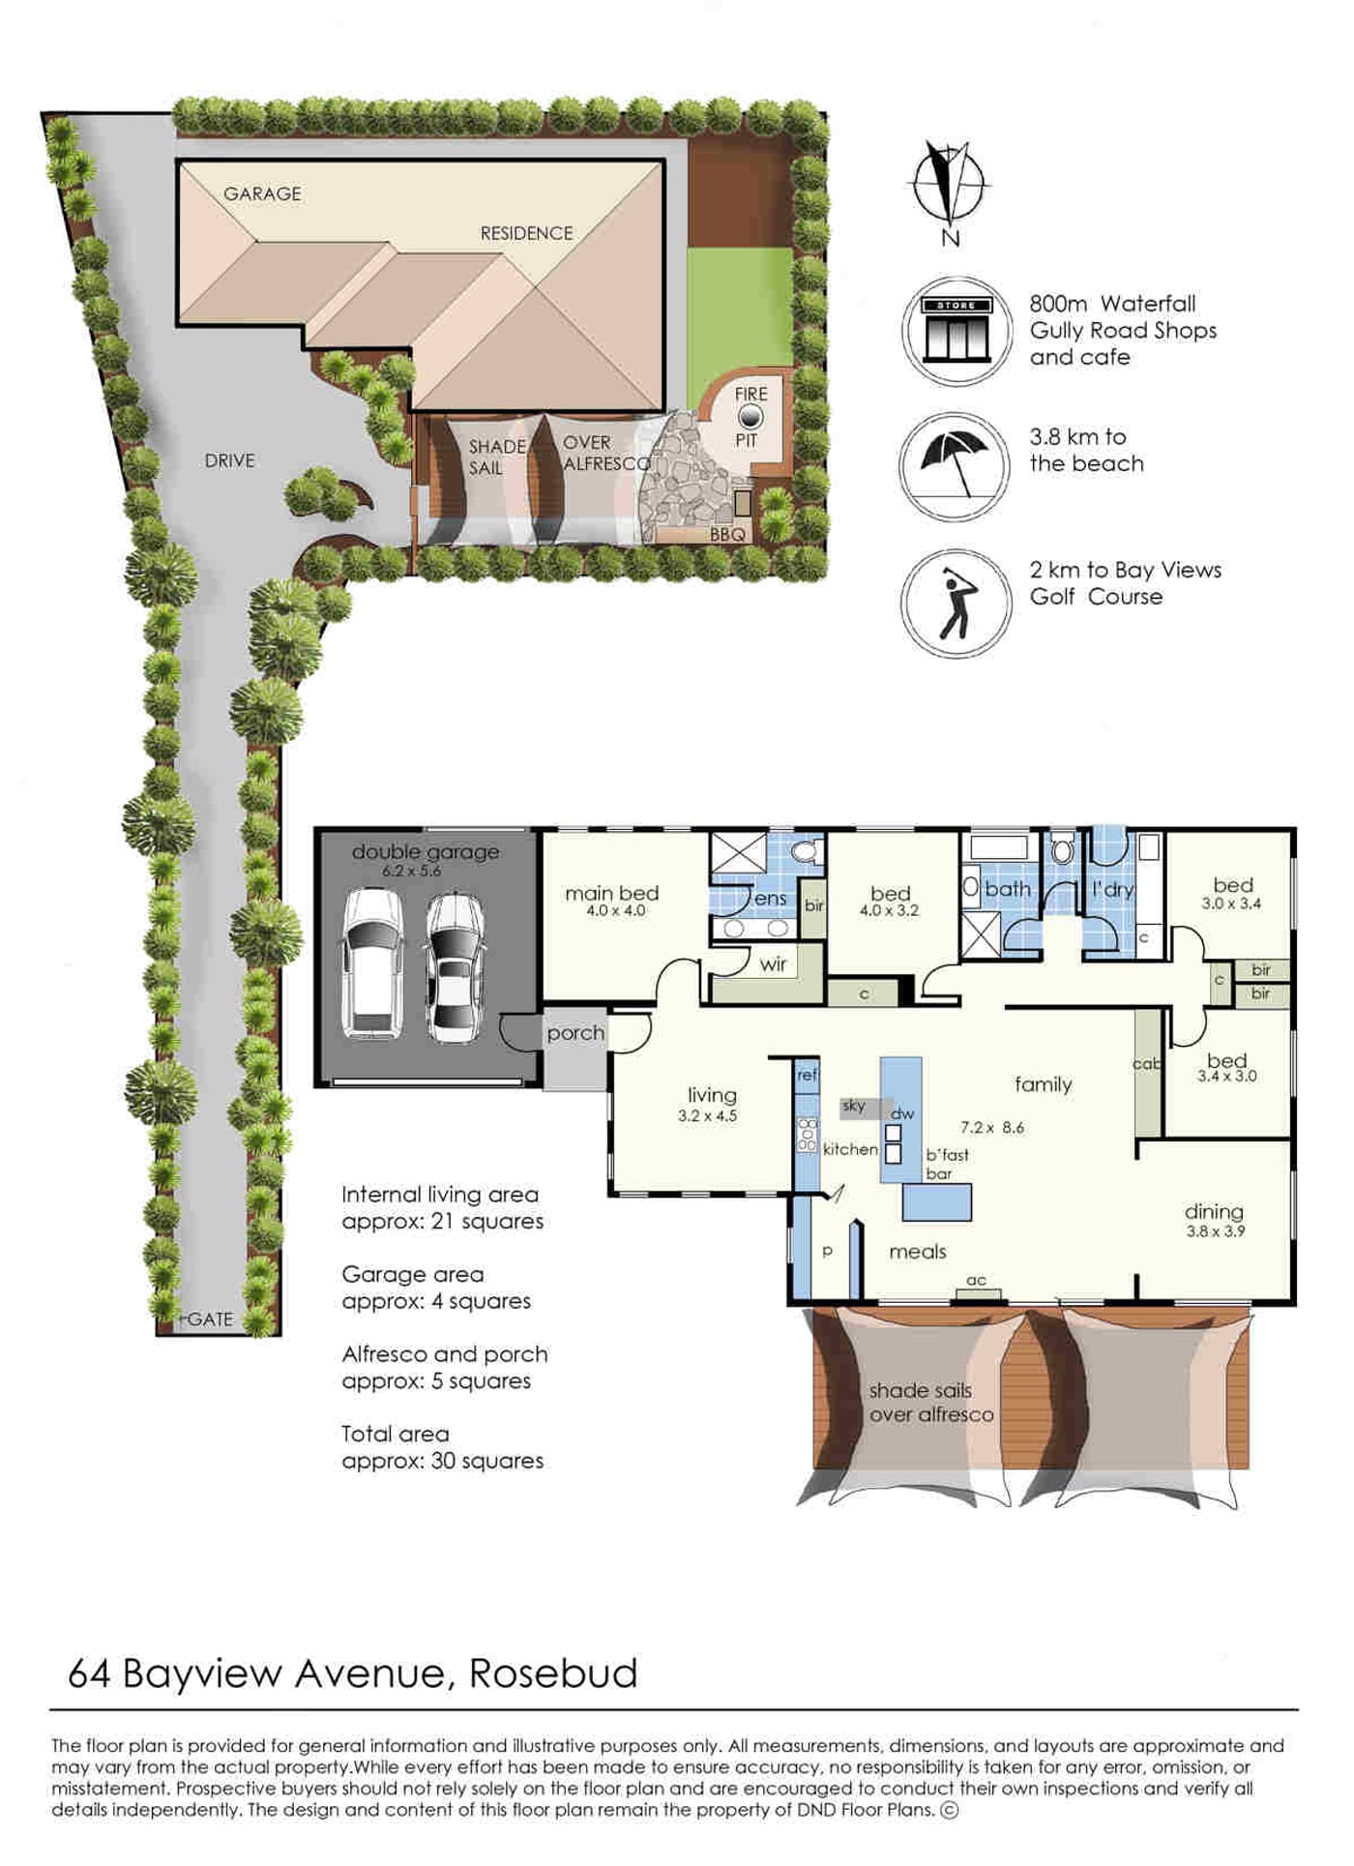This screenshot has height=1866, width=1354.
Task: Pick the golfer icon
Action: click(957, 604)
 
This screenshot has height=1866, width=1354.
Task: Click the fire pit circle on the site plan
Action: click(750, 417)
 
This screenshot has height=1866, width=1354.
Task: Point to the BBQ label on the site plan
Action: click(727, 534)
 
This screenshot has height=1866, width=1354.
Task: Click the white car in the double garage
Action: click(373, 963)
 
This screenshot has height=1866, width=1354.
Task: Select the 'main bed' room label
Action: click(612, 893)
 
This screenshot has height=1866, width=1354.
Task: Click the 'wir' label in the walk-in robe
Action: click(773, 964)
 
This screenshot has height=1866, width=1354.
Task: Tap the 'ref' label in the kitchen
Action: click(808, 1075)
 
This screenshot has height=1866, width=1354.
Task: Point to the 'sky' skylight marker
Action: click(854, 1106)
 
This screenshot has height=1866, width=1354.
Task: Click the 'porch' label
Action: click(575, 1033)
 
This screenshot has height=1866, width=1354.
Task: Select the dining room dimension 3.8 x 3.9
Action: click(1216, 1231)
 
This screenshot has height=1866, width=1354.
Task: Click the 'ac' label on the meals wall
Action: click(977, 1280)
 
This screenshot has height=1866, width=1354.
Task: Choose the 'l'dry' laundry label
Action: click(1112, 890)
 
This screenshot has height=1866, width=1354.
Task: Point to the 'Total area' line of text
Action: click(395, 1434)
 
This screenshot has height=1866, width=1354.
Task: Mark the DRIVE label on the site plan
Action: click(229, 460)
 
